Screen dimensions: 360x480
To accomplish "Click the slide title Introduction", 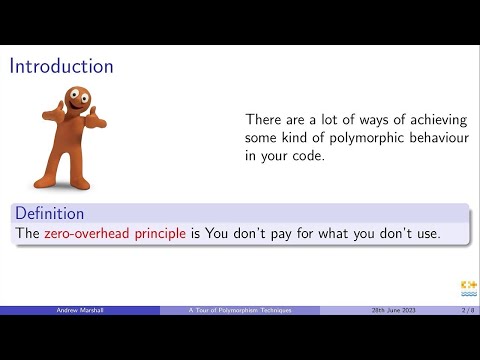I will coord(61,66).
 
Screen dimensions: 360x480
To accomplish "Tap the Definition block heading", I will coord(49,213).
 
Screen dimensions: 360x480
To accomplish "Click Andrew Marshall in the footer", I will coord(80,311).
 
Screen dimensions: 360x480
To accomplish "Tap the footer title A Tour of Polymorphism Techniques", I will coord(240,311).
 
